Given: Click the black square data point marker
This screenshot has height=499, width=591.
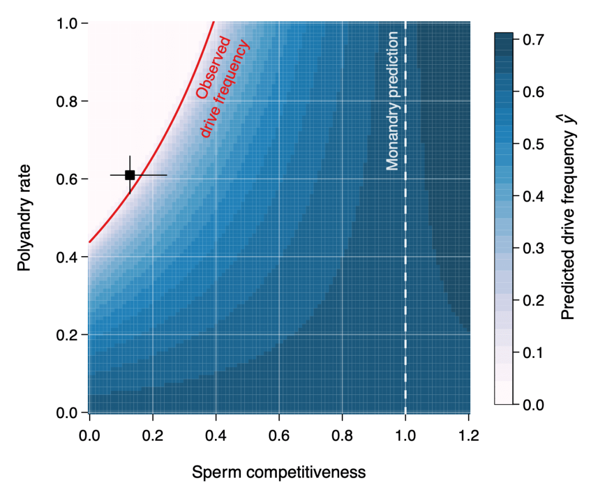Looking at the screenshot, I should point(130,175).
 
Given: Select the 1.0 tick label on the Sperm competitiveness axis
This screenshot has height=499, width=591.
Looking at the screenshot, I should point(406,434).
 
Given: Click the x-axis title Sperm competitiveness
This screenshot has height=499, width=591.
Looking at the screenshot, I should point(278,472).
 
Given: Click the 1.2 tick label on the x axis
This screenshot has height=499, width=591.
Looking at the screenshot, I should point(469,434).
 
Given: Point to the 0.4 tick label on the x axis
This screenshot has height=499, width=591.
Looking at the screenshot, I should point(215,434).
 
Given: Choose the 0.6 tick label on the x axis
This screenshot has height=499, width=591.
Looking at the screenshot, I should point(279,434).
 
